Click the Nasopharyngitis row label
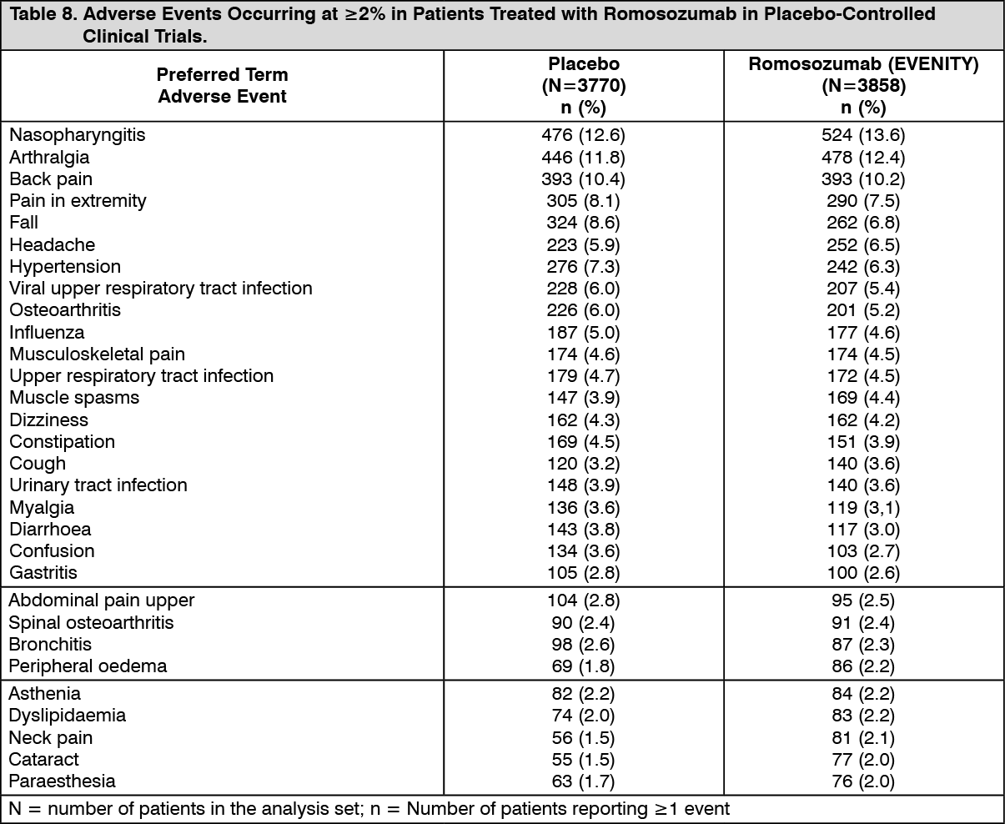click(x=78, y=135)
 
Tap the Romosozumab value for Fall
click(x=863, y=223)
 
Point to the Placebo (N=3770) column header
click(x=584, y=85)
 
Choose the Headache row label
click(x=52, y=244)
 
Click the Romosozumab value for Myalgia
click(x=863, y=507)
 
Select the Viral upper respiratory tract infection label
click(x=161, y=289)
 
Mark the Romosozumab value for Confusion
click(x=863, y=550)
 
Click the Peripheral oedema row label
click(x=88, y=666)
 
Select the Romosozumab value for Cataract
click(x=863, y=759)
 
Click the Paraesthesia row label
click(x=63, y=781)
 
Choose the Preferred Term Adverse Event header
click(x=222, y=85)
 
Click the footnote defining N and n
click(x=369, y=808)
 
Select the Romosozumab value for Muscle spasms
click(x=863, y=397)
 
